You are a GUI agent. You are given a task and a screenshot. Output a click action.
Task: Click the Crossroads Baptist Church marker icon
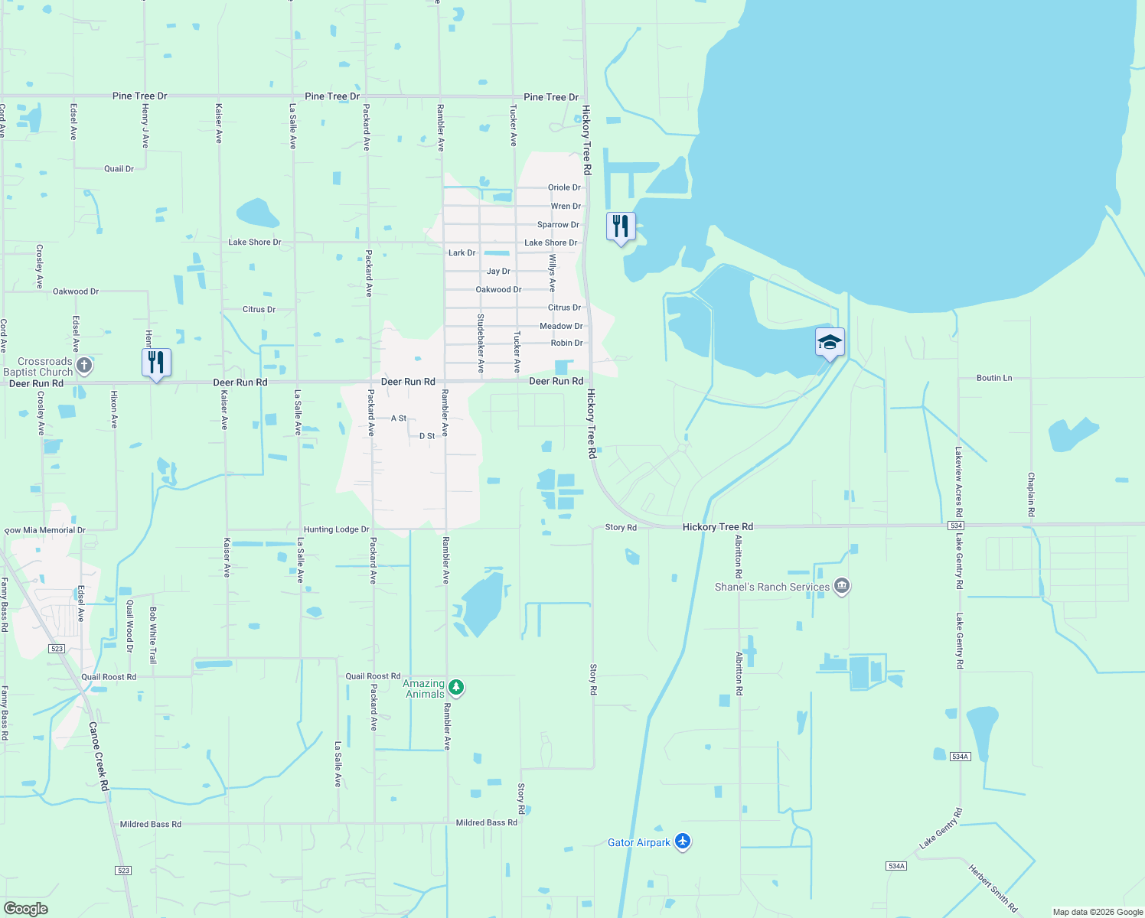point(84,366)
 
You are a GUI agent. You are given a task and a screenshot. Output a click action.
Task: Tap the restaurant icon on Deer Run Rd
point(156,362)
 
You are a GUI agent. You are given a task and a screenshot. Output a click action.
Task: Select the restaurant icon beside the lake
point(621,226)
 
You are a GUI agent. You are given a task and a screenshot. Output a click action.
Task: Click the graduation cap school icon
point(830,342)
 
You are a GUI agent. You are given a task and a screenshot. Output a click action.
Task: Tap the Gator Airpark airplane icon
point(683,842)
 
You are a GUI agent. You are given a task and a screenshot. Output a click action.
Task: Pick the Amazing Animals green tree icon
point(456,688)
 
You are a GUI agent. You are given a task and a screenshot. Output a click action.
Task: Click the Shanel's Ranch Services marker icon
point(842,587)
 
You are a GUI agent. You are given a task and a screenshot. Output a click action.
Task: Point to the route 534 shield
point(955,526)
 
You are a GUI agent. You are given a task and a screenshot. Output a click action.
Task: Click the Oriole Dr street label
point(564,187)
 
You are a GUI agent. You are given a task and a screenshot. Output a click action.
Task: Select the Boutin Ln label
point(994,378)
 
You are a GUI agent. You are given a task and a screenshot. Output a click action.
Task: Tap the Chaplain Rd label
point(1031,494)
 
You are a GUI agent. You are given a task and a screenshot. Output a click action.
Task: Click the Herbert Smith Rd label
point(993,888)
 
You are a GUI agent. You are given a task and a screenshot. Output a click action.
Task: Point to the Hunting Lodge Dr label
point(336,529)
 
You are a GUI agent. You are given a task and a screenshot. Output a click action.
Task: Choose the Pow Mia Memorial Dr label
point(45,530)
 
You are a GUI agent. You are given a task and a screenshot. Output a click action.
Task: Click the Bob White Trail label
point(153,635)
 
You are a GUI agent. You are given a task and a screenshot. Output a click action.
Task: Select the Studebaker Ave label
point(481,343)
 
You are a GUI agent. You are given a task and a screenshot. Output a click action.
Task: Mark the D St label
point(427,436)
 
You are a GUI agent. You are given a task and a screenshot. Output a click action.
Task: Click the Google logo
point(25,909)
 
